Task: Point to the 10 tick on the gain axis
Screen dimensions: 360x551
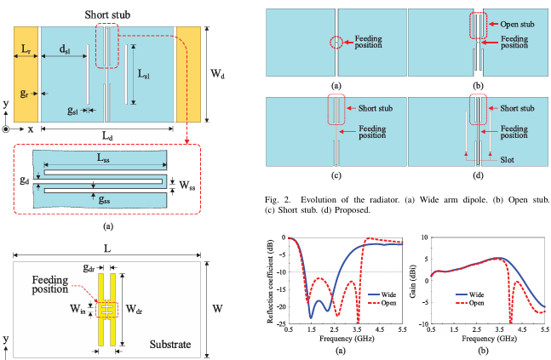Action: (425, 236)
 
